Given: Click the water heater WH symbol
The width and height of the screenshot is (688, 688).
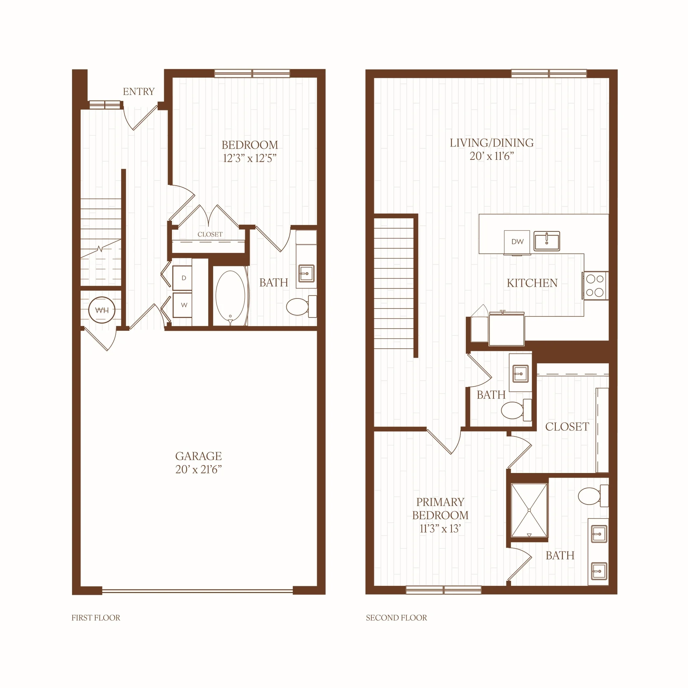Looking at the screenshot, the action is [x=102, y=310].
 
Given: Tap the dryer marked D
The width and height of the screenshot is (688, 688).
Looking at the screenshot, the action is [x=182, y=278].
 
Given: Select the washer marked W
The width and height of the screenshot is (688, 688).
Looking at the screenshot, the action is [x=182, y=305].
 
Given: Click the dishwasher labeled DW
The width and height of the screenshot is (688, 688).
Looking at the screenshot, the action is [x=517, y=242].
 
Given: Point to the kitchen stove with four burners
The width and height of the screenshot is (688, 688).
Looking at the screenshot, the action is [x=595, y=286].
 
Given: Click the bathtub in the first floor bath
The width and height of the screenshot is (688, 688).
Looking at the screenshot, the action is [x=230, y=296].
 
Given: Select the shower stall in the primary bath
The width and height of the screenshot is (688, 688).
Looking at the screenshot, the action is [x=529, y=511].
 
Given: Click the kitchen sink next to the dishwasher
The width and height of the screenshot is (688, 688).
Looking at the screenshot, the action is [x=547, y=241].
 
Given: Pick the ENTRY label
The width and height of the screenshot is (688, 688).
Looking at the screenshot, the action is [x=139, y=92].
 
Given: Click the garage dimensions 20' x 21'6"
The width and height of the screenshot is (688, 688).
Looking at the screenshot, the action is [x=199, y=469].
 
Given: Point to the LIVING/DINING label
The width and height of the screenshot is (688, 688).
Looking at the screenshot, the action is [x=492, y=143].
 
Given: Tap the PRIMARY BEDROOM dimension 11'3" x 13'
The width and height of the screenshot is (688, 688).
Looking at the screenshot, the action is [x=440, y=529].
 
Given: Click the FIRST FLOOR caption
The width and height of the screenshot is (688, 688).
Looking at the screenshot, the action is [x=96, y=618].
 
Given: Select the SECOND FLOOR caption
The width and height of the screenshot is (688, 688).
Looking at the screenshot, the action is [x=396, y=618].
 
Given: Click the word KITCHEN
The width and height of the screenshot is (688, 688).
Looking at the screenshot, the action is [x=532, y=283].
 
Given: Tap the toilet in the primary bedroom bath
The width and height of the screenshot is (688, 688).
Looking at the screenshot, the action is [x=593, y=496].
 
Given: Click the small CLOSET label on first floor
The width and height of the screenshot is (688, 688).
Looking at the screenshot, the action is [x=210, y=234].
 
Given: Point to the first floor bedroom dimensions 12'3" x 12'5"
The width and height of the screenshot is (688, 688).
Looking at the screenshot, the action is [x=250, y=158].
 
